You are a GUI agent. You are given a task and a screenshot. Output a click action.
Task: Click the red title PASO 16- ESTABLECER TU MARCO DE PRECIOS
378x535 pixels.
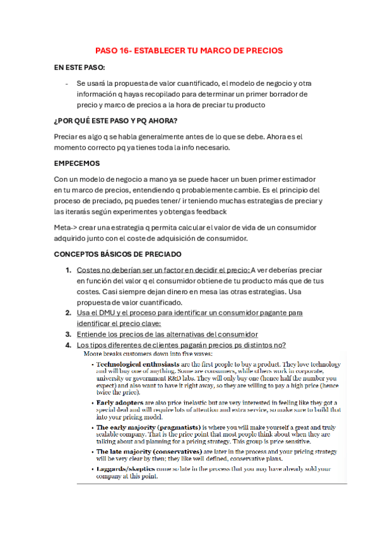(189, 50)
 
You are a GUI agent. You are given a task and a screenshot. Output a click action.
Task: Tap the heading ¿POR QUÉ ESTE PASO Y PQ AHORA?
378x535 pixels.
(116, 121)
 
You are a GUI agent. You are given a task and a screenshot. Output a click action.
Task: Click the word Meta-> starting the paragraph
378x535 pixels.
(66, 227)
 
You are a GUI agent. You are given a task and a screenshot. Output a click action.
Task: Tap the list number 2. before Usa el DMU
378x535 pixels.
(68, 313)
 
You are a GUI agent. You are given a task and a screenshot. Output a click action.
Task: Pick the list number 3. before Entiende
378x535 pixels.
(68, 334)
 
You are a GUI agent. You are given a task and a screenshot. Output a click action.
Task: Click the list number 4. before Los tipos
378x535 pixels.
(68, 345)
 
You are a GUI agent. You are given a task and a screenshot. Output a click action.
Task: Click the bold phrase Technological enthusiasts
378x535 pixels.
(138, 365)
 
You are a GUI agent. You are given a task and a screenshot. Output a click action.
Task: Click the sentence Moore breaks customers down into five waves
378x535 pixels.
(150, 355)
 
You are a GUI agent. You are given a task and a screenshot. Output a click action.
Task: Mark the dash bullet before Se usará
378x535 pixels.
(66, 83)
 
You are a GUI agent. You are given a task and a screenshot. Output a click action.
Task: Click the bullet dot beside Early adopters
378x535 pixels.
(92, 402)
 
